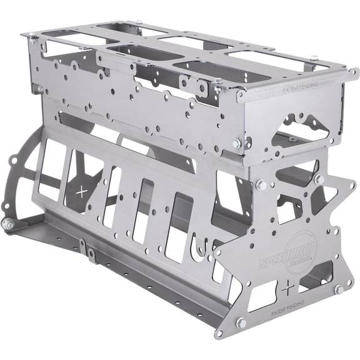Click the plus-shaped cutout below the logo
coord(286,290)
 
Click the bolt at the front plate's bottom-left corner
coord(240,322)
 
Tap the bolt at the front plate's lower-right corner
coord(338,289)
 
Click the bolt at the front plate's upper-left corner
coord(261,185)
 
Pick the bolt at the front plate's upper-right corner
coord(318,179)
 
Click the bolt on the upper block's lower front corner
coord(237,144)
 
